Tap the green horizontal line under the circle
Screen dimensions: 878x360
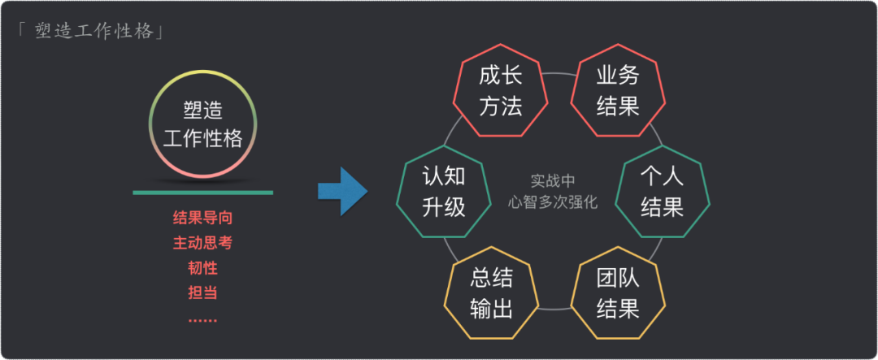pyautogui.click(x=203, y=193)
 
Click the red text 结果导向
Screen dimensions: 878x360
pyautogui.click(x=203, y=218)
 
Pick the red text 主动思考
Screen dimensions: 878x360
pyautogui.click(x=203, y=243)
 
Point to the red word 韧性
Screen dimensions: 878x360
pyautogui.click(x=203, y=268)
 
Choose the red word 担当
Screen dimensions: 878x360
pyautogui.click(x=203, y=293)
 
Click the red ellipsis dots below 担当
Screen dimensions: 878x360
pyautogui.click(x=203, y=319)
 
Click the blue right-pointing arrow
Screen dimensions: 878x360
pyautogui.click(x=342, y=192)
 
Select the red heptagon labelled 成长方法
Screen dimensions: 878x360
pyautogui.click(x=500, y=92)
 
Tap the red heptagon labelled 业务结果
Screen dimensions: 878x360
pyautogui.click(x=618, y=92)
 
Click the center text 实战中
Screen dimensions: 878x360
pyautogui.click(x=553, y=181)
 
